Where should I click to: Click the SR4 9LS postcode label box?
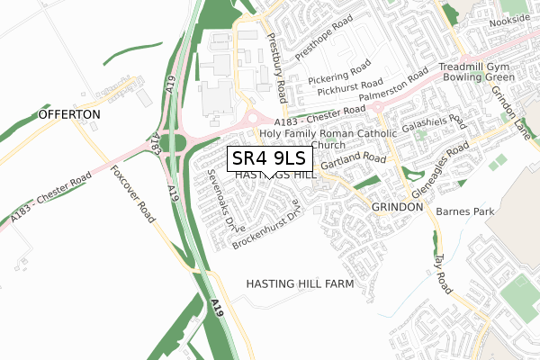[270, 159]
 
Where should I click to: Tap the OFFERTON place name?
[67, 116]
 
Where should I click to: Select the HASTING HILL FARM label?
[300, 283]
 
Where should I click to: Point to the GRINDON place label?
[397, 207]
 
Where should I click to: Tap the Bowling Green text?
[474, 81]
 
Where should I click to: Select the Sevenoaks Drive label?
[220, 201]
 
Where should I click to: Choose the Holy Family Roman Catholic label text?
[328, 133]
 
